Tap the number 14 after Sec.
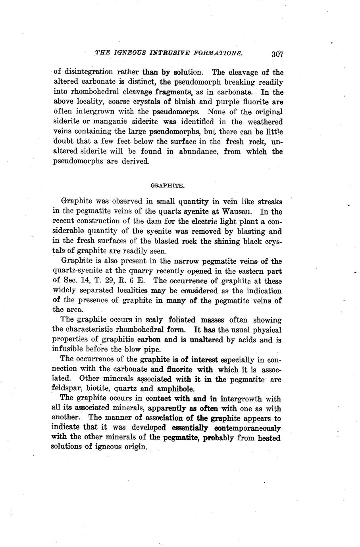78,281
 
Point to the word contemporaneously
247,428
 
